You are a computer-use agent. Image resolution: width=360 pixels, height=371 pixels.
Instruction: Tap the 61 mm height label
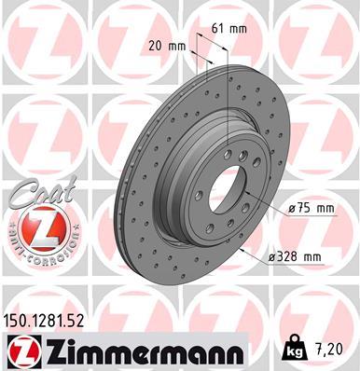tap(227, 29)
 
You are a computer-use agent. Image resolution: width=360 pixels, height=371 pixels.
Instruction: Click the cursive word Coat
tap(30, 195)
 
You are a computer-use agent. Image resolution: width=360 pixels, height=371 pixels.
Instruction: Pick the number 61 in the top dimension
tap(217, 29)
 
